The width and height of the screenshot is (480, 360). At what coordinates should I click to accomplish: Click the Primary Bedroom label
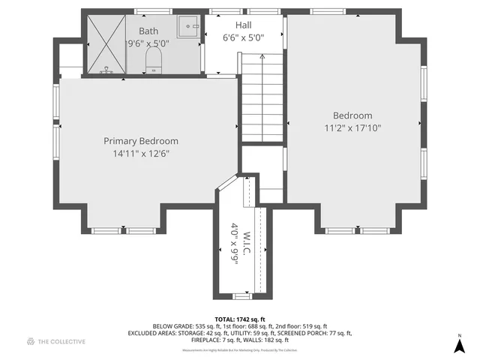point(141,141)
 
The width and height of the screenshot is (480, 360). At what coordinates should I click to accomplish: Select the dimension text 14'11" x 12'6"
point(141,154)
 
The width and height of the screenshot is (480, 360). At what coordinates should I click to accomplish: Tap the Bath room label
point(148,31)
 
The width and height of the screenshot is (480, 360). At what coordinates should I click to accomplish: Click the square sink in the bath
point(187,27)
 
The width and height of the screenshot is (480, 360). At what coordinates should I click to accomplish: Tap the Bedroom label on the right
point(352,115)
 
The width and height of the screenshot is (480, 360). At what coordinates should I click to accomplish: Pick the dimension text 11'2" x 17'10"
point(352,128)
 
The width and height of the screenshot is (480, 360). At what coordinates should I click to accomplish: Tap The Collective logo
point(56,341)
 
